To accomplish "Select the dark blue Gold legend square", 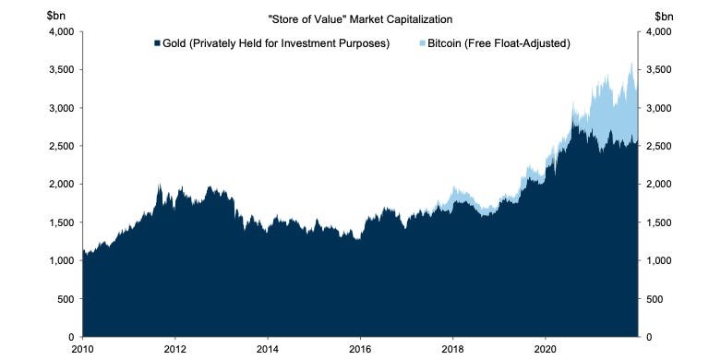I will pyautogui.click(x=158, y=43).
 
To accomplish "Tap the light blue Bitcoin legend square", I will pyautogui.click(x=422, y=43).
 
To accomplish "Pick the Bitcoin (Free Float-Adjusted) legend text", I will pyautogui.click(x=496, y=43).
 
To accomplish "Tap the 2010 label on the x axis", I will pyautogui.click(x=82, y=350).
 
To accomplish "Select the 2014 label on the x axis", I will pyautogui.click(x=268, y=350).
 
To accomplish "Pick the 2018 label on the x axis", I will pyautogui.click(x=452, y=350).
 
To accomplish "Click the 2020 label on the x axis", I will pyautogui.click(x=545, y=350).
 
